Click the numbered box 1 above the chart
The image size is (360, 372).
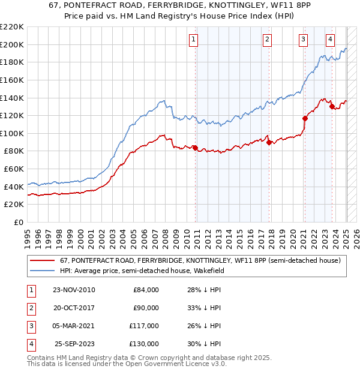[194, 40]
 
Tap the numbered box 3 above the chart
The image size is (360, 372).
[304, 40]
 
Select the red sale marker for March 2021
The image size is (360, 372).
[305, 118]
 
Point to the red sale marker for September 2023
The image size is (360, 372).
[332, 107]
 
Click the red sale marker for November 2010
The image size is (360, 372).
[196, 148]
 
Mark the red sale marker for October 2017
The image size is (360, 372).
[269, 142]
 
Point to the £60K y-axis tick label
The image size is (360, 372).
[13, 169]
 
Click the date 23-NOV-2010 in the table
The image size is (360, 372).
[74, 290]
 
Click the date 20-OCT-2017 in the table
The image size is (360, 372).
[74, 308]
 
